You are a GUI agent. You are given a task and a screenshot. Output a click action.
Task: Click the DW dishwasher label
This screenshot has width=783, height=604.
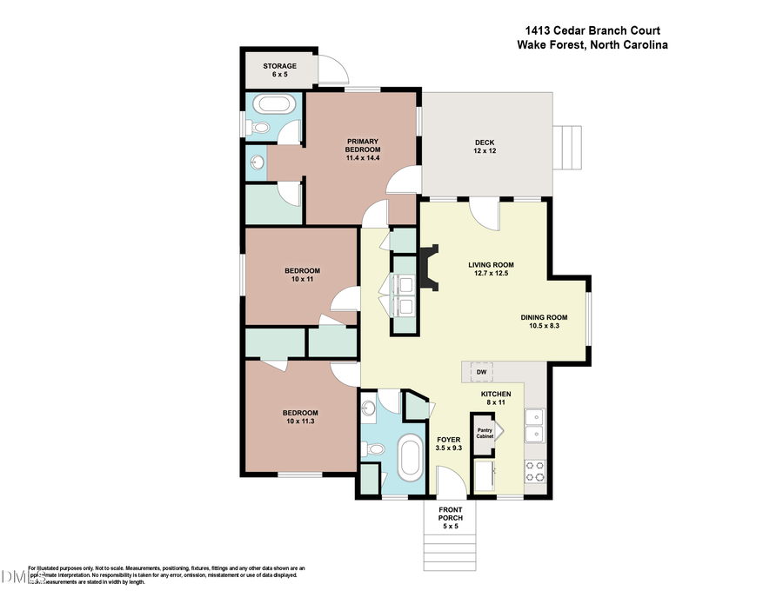481,372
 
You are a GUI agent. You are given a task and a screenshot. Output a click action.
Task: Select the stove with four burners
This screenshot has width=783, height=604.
535,470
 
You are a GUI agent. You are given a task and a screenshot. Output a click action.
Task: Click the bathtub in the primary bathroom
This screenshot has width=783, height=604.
274,106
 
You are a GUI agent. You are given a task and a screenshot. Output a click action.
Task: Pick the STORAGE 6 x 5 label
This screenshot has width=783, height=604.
280,70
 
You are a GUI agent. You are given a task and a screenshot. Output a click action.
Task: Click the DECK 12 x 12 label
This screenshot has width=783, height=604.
485,148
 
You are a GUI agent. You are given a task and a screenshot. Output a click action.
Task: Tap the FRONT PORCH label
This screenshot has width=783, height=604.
451,515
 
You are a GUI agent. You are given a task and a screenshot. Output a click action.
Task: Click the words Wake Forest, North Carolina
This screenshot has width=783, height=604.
592,46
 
